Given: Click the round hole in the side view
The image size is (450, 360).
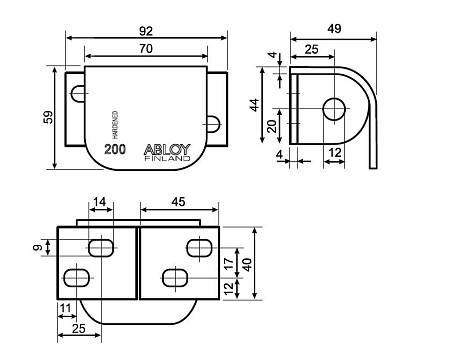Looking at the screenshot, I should point(333,108).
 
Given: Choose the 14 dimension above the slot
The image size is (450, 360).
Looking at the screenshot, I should point(100,203).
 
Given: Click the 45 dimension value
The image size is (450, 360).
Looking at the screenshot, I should point(178,203).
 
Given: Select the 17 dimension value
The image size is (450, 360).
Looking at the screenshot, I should point(230,263).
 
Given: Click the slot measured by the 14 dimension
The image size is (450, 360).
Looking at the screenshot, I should point(101,247).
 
